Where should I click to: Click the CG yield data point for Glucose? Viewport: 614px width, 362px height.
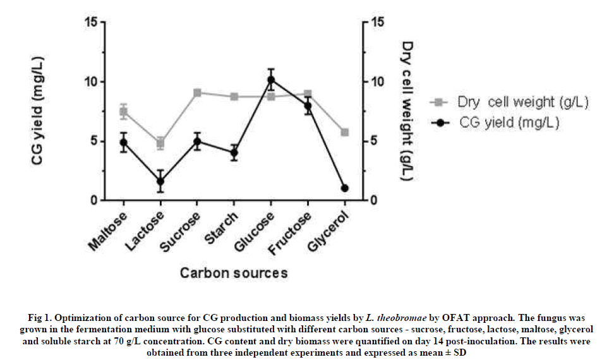click(271, 80)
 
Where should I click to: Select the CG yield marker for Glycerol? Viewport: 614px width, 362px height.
click(345, 188)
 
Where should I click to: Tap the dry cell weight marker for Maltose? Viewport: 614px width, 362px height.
click(124, 112)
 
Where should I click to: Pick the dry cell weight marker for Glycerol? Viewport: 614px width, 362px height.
click(345, 132)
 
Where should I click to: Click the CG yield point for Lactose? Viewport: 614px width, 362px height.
click(160, 181)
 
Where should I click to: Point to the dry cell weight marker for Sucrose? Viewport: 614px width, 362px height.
click(198, 93)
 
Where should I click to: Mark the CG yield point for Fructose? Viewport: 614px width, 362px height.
click(308, 106)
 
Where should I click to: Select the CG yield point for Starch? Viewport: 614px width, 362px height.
click(234, 152)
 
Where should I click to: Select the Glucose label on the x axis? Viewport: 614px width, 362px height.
click(260, 230)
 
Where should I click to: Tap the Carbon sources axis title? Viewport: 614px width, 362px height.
click(234, 273)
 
